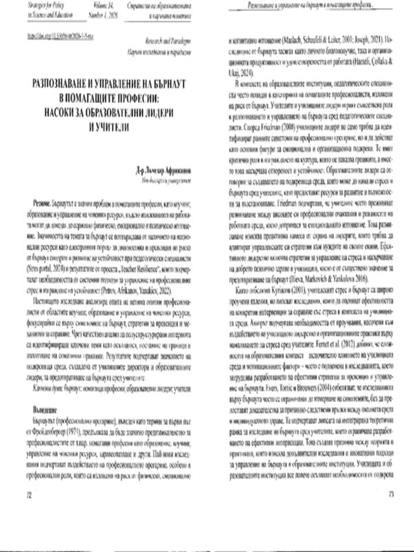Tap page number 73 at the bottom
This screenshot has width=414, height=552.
[391, 533]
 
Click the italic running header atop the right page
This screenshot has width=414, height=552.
[310, 6]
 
